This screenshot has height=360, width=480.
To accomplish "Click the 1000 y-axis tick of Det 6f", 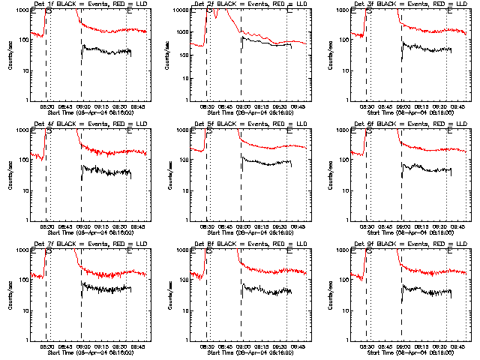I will pos(343,130).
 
